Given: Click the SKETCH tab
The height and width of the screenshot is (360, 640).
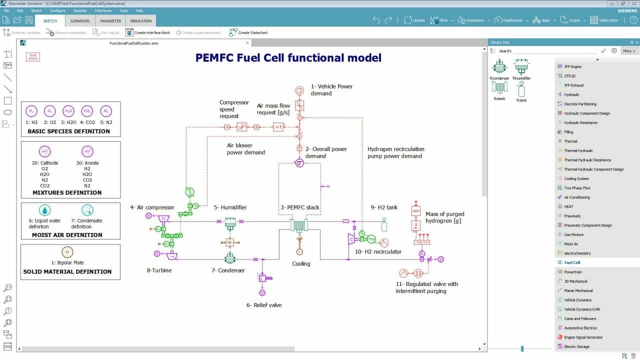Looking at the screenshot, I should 50,20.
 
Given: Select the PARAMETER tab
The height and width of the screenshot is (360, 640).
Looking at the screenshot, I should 110,20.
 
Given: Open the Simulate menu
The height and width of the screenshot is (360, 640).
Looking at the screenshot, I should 79,10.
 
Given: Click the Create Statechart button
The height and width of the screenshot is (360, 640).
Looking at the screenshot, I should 248,32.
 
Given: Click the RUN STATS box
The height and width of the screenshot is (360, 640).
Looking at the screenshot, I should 33,57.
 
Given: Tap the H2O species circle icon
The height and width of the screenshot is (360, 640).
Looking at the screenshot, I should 68,111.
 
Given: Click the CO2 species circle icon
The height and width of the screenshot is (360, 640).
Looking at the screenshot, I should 87,111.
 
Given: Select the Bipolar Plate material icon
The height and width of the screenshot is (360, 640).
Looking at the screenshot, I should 67,252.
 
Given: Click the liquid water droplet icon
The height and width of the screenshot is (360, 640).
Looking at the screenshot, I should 45,210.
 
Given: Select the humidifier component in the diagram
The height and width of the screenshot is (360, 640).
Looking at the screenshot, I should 230,223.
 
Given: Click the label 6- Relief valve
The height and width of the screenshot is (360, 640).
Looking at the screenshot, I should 264,305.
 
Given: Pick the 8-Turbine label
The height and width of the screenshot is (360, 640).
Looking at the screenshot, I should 159,270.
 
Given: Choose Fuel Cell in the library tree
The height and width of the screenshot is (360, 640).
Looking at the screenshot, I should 572,262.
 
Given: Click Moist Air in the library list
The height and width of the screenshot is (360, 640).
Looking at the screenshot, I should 571,244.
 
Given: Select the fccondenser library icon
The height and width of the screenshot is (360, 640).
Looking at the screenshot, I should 499,66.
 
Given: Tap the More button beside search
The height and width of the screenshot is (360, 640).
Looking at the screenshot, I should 629,51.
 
